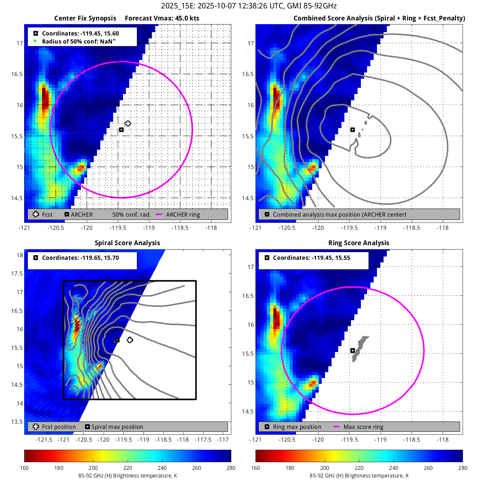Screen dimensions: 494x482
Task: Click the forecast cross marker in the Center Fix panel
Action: (127, 123)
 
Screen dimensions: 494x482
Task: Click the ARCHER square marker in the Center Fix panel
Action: (121, 130)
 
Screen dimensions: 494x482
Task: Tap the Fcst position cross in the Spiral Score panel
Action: (130, 340)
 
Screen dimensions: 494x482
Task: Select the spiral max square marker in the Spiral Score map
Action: (117, 340)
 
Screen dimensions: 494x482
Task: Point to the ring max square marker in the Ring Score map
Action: (352, 350)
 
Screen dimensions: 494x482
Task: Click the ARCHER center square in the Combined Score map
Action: (352, 130)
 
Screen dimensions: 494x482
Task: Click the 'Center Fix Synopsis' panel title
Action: (85, 18)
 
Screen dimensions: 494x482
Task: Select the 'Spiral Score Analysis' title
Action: (127, 243)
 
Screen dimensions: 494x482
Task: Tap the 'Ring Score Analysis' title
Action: (359, 243)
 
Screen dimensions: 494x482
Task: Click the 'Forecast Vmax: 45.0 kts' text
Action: (162, 18)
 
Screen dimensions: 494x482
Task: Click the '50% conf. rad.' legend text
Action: (132, 214)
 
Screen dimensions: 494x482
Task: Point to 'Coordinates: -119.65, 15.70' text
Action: (80, 258)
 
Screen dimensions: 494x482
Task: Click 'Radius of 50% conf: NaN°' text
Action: (79, 41)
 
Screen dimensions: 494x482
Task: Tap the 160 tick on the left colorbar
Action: (25, 468)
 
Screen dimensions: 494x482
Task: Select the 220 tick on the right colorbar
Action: (359, 468)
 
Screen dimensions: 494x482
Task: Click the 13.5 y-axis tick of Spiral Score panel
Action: (17, 422)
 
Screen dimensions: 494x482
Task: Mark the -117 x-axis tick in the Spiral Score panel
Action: (223, 439)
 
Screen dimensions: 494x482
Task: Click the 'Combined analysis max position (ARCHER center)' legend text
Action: (339, 214)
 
